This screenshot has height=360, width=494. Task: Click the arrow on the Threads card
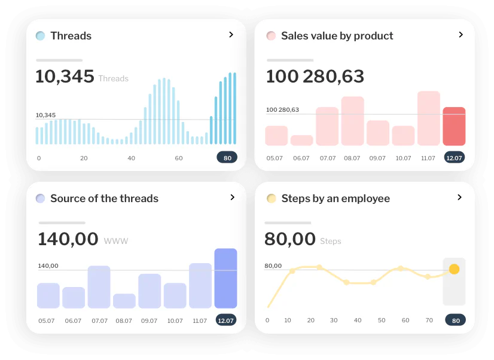click(231, 35)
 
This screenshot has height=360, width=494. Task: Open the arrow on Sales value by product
click(461, 35)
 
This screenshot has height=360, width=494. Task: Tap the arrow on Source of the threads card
click(232, 197)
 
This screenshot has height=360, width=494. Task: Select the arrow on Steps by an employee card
click(459, 197)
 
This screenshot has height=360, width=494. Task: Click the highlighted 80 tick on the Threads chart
click(227, 158)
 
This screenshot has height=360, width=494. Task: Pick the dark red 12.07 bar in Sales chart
click(454, 126)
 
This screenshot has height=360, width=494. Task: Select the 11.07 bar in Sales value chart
click(428, 118)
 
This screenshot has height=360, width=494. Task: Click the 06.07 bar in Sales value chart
click(302, 141)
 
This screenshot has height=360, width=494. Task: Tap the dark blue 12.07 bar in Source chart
click(225, 278)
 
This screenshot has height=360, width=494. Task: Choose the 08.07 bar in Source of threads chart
click(124, 301)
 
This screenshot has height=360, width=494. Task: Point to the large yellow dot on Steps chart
click(454, 269)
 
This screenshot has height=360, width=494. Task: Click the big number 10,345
click(65, 77)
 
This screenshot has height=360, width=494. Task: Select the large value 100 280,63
click(315, 77)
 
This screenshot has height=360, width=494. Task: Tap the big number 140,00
click(68, 239)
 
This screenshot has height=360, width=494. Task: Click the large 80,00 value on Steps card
click(290, 239)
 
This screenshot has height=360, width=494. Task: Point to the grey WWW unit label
click(116, 242)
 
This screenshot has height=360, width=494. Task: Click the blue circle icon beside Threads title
click(40, 36)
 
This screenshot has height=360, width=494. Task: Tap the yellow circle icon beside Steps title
click(271, 199)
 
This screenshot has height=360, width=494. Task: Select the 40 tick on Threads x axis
click(131, 158)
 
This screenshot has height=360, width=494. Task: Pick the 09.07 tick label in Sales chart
click(377, 158)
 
